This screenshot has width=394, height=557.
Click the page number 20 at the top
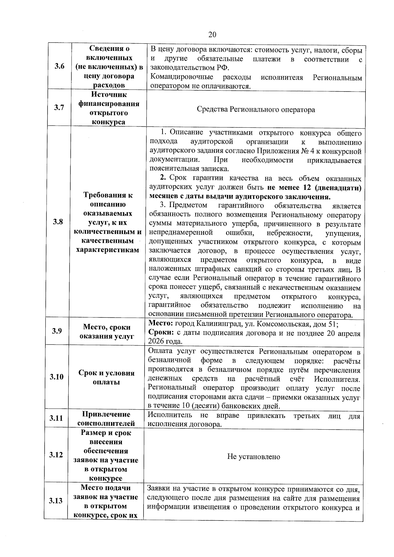pyautogui.click(x=212, y=35)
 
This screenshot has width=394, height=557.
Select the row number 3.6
pyautogui.click(x=59, y=67)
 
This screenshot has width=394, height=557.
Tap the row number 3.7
pyautogui.click(x=59, y=108)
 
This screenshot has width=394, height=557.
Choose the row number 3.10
pyautogui.click(x=56, y=376)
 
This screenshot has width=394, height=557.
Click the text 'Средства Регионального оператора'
pyautogui.click(x=256, y=110)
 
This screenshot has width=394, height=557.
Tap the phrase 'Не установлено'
pyautogui.click(x=253, y=457)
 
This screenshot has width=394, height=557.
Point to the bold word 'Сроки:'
pyautogui.click(x=161, y=333)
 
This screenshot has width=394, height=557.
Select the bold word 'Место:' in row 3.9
pyautogui.click(x=161, y=324)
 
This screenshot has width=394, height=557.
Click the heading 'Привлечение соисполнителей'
pyautogui.click(x=106, y=419)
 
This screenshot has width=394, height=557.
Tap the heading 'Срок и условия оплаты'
pyautogui.click(x=106, y=377)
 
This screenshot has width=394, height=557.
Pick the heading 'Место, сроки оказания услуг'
pyautogui.click(x=107, y=332)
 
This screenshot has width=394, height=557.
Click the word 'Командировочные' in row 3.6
pyautogui.click(x=181, y=77)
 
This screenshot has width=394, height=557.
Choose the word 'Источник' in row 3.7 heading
pyautogui.click(x=109, y=95)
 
